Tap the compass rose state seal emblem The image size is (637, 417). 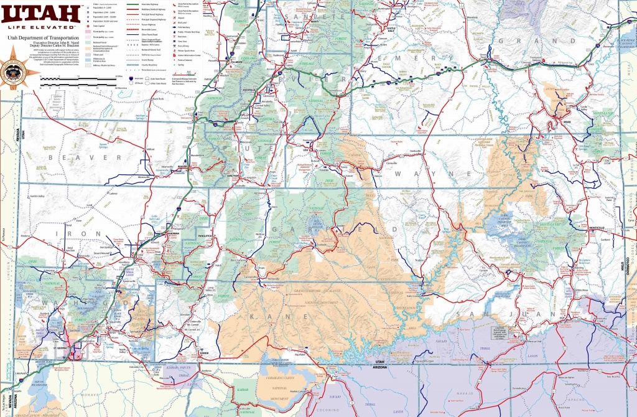tap(11, 73)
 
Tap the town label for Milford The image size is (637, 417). tap(148, 150)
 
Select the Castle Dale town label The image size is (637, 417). tap(391, 28)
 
